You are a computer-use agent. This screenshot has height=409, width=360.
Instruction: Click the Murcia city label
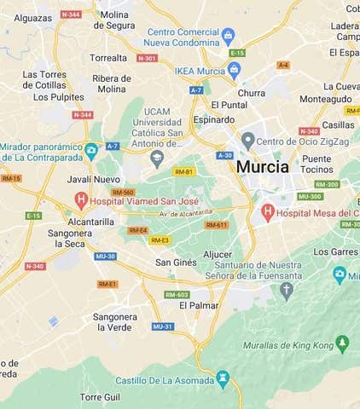point(263,167)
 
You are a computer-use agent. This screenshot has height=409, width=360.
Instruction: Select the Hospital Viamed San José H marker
point(81,200)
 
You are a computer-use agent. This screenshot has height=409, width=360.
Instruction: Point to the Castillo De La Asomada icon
point(224,377)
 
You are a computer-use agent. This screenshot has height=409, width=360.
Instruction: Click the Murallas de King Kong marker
point(342,343)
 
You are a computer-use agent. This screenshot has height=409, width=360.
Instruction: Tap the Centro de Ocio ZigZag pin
point(247,140)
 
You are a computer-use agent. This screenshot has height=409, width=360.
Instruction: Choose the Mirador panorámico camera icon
point(91,152)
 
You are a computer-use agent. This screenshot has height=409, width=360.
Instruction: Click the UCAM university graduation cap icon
point(156,158)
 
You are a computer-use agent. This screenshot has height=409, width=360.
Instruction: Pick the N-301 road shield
point(147,58)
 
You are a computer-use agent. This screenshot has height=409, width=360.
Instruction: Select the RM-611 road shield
point(216,225)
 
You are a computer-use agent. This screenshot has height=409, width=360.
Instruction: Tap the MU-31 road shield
point(163,326)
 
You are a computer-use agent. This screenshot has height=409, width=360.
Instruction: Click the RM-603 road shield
point(177,295)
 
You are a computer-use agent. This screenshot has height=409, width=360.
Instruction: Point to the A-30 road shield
point(224,155)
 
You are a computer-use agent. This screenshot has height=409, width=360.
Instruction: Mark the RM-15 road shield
point(11,178)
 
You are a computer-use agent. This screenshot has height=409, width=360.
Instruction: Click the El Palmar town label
point(203,305)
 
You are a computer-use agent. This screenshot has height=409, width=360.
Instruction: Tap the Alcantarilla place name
point(91,221)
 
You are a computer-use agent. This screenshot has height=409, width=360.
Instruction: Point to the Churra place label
point(252,93)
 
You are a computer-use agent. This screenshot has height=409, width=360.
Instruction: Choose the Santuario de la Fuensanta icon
point(287,290)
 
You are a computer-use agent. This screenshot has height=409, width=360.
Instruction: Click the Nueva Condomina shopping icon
point(228,36)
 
